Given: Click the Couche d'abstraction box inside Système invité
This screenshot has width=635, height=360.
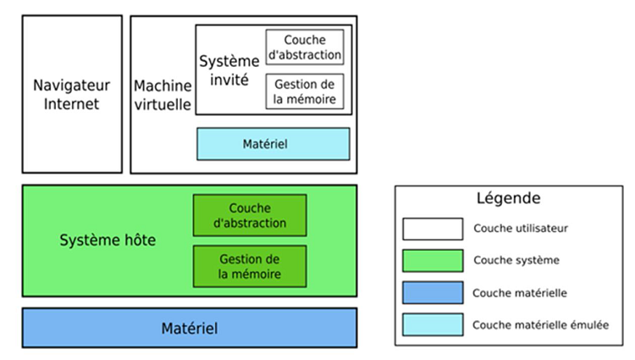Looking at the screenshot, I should click(x=305, y=47).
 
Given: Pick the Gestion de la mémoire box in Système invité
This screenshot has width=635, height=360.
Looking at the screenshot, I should click(x=305, y=91).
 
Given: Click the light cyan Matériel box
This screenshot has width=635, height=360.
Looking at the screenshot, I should click(x=273, y=144).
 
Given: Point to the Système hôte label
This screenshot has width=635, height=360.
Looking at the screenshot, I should click(x=108, y=241).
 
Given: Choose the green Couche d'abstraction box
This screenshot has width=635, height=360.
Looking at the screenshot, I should click(x=250, y=216).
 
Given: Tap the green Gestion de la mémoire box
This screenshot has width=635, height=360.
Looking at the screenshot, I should click(x=250, y=266).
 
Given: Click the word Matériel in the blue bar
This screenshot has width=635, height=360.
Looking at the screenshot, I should click(x=189, y=328).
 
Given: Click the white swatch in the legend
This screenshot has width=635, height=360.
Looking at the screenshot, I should click(x=433, y=229).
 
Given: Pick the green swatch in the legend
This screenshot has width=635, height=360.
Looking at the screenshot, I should click(x=433, y=261).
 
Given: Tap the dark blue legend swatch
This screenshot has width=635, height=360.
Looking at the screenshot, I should click(x=433, y=293).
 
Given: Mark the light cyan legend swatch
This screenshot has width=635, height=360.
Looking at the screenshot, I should click(x=433, y=324).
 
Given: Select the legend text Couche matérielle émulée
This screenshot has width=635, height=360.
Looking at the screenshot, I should click(x=540, y=324).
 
